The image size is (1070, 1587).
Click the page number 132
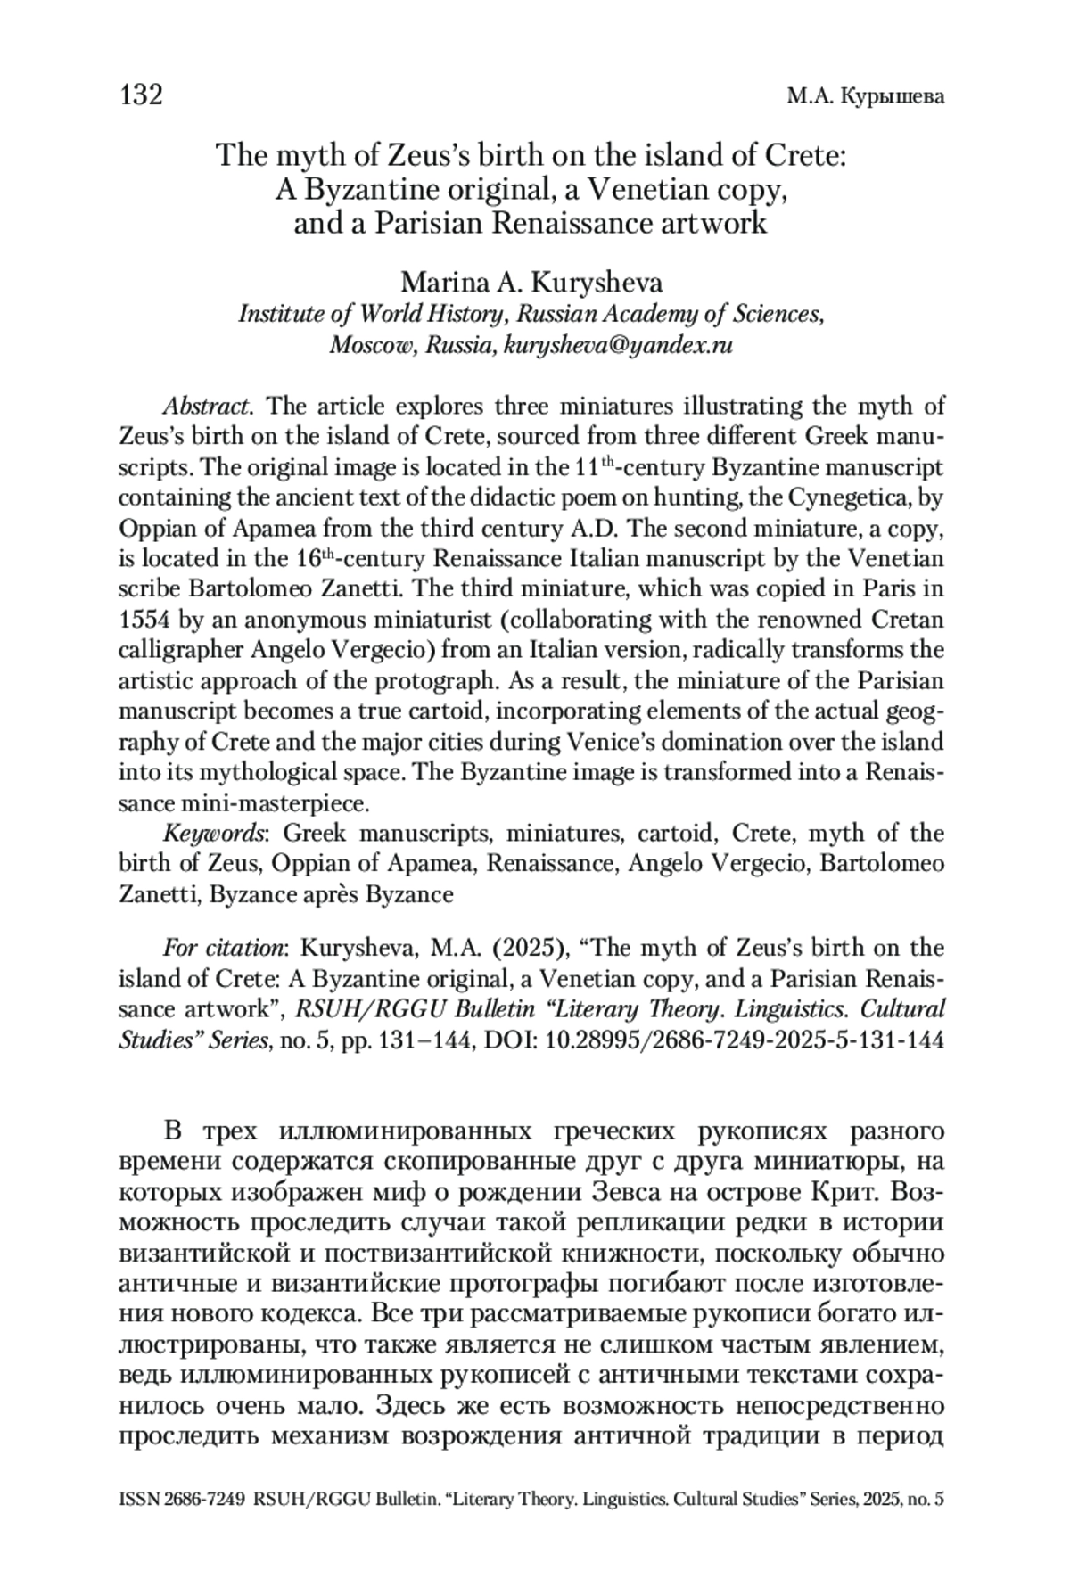(x=141, y=95)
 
